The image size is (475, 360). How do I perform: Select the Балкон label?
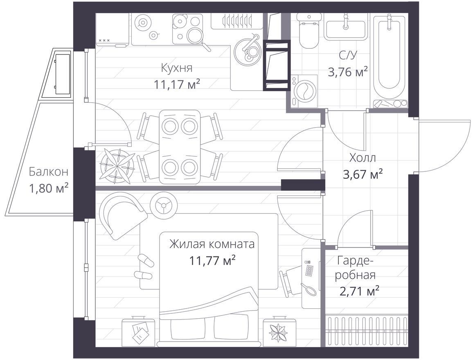click(x=48, y=172)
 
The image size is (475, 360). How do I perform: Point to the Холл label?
click(x=362, y=158)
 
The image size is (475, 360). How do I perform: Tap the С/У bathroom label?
click(x=348, y=55)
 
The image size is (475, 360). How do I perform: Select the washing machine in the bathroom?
click(x=304, y=91)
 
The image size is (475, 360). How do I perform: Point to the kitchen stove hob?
click(x=187, y=29)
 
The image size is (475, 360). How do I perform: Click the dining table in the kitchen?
click(x=180, y=147)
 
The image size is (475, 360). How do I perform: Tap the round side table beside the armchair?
click(x=164, y=205)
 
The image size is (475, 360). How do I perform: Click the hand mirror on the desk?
click(x=308, y=289)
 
